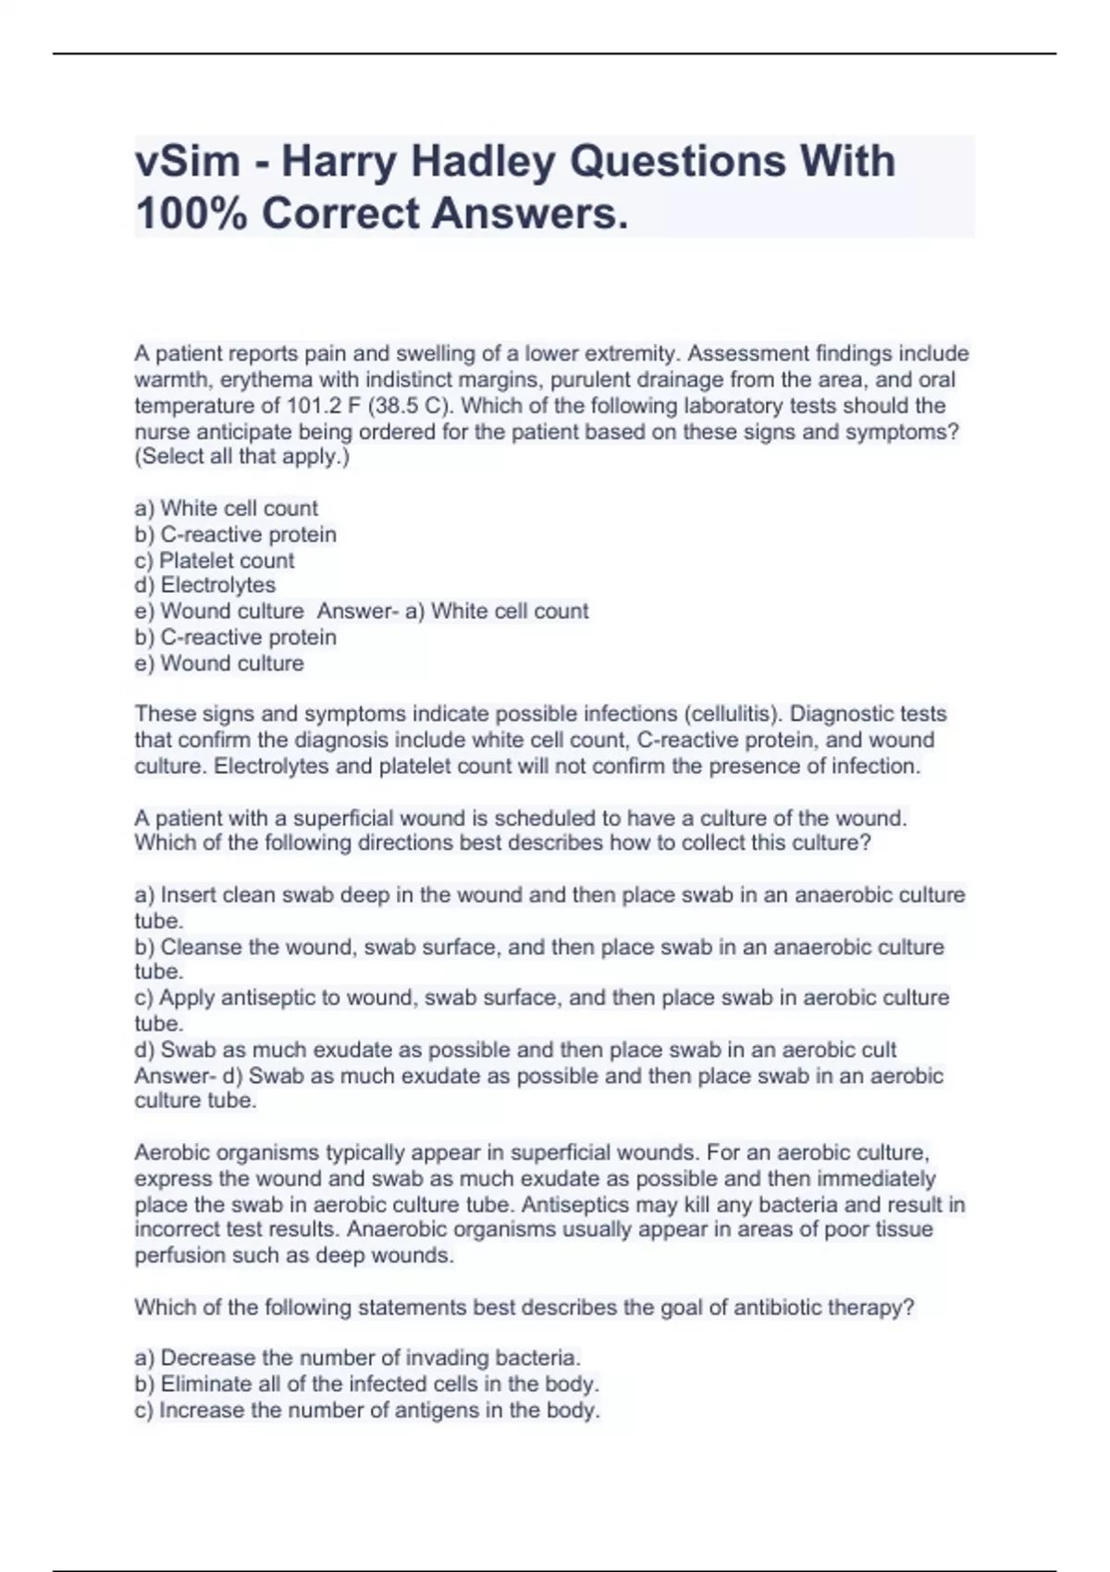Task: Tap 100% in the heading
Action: (191, 215)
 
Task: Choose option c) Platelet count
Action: (215, 560)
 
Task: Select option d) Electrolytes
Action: (205, 585)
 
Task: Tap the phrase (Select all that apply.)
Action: (242, 457)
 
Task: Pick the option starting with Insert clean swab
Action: (549, 895)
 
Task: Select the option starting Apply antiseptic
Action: (542, 998)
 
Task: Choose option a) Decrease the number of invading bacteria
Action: (358, 1358)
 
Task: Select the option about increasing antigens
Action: (367, 1410)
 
